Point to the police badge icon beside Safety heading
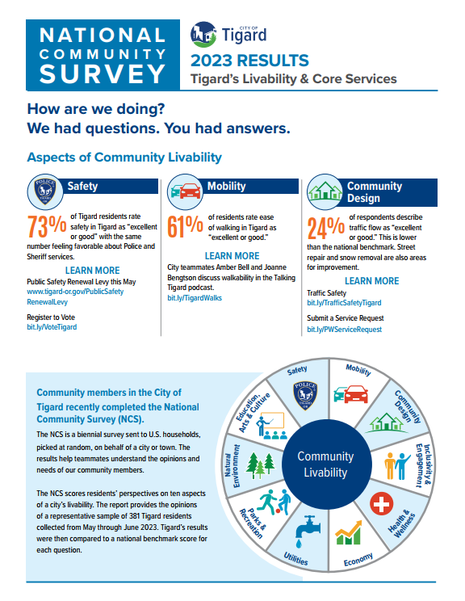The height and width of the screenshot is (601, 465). tap(44, 191)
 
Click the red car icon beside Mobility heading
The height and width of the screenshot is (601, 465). tap(184, 191)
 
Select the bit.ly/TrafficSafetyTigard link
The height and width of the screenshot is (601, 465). tap(344, 302)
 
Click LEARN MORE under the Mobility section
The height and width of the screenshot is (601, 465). tap(232, 256)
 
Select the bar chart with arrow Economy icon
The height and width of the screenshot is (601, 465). tap(350, 532)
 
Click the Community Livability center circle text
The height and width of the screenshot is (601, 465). tap(325, 464)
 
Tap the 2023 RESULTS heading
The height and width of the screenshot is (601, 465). tap(249, 61)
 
